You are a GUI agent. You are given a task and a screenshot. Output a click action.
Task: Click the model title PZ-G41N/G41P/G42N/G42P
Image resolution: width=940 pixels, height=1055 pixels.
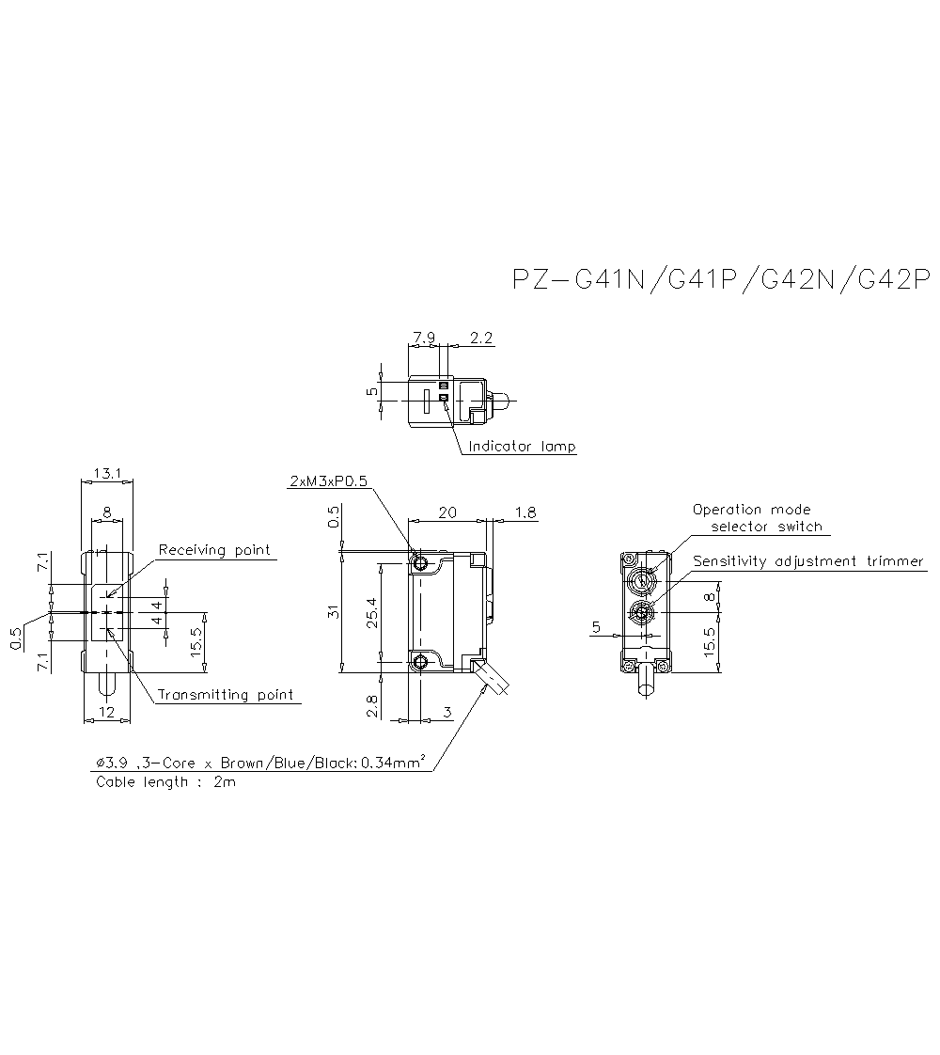720,280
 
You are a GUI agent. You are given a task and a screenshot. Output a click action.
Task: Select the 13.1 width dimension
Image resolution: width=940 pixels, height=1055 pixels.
107,473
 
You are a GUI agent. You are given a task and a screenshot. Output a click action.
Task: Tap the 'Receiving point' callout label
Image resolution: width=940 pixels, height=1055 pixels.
214,550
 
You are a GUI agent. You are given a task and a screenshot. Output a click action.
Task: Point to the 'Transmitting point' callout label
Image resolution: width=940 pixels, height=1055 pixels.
225,695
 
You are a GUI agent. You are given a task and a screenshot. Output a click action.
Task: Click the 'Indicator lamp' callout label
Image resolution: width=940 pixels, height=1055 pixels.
522,447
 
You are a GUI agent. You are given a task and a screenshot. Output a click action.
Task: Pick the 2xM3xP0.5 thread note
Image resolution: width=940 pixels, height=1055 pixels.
329,481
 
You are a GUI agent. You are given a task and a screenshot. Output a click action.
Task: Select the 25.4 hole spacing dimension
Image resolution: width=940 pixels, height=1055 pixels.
373,613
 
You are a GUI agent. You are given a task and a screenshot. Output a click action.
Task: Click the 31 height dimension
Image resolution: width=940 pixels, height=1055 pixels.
332,612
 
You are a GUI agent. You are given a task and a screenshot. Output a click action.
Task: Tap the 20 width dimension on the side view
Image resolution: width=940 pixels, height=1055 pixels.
448,512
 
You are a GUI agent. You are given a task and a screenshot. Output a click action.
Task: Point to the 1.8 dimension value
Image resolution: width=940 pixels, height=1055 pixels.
526,512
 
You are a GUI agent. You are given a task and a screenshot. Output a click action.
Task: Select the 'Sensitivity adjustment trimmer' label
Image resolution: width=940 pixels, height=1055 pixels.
808,561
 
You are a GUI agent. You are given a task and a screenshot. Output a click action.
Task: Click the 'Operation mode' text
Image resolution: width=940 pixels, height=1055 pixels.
751,510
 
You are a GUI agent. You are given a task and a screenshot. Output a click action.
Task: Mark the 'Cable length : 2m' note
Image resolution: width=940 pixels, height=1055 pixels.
165,782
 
